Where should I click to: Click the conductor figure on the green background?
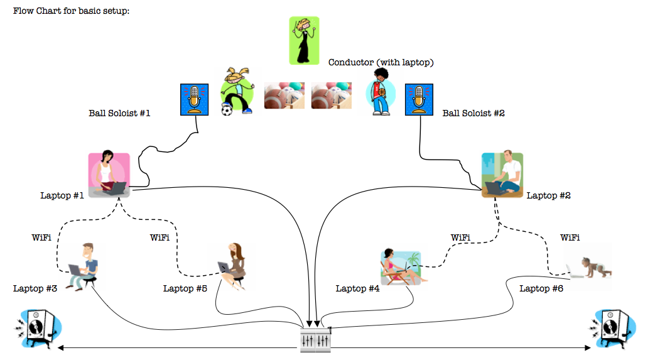[305, 40]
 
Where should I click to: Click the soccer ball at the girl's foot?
[227, 111]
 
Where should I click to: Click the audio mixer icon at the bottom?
[316, 339]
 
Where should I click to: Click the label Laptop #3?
[35, 288]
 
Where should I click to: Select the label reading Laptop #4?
[357, 288]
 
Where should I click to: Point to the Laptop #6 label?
[541, 288]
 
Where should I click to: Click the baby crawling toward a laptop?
[590, 268]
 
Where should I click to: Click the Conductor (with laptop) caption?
[381, 63]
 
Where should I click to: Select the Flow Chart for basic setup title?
[71, 11]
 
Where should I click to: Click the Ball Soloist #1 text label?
[119, 113]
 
